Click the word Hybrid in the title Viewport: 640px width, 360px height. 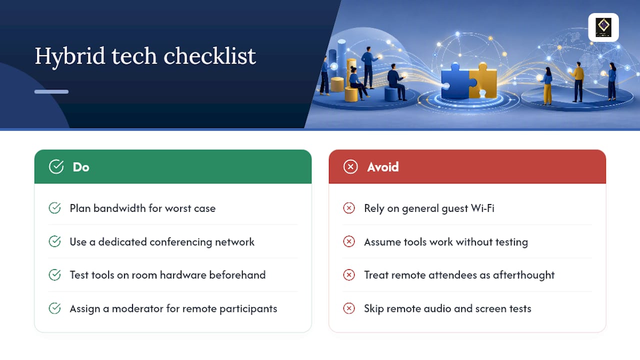pos(70,56)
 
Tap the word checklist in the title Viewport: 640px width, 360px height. pos(209,55)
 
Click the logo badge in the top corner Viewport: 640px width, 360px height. pos(603,27)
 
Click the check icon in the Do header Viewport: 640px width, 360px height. pos(56,166)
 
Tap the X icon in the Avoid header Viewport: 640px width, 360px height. pos(350,167)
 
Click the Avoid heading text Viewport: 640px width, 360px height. pos(383,167)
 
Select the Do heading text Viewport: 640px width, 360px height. pos(81,167)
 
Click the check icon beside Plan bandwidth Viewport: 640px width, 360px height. pos(54,208)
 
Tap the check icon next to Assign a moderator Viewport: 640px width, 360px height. pos(54,308)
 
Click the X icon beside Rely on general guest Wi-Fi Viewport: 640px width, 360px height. pos(349,208)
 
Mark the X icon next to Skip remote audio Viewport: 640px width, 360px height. pos(349,308)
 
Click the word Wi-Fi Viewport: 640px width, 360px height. pos(482,208)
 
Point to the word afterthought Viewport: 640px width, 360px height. pos(523,275)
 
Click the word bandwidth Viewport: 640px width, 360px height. pos(119,208)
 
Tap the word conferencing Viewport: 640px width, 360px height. pos(181,242)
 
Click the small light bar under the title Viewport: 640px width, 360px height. pos(51,91)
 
